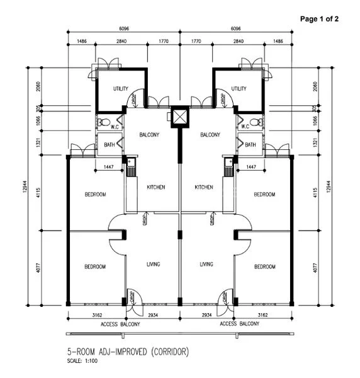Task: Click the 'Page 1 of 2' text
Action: tap(319, 19)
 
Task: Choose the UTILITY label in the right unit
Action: tap(239, 89)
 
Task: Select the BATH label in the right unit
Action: tap(250, 144)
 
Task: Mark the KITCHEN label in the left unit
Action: tap(155, 187)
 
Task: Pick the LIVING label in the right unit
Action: tap(206, 264)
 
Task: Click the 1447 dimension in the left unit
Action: tap(108, 168)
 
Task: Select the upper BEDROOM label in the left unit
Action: tap(96, 195)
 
